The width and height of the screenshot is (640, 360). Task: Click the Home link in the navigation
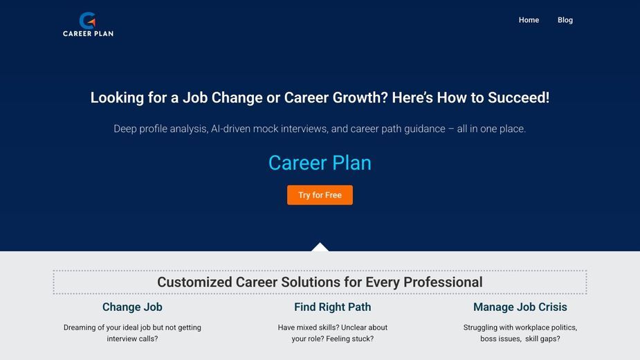point(529,20)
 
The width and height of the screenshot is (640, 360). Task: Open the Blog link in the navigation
point(565,20)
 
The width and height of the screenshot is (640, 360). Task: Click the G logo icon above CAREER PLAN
point(87,20)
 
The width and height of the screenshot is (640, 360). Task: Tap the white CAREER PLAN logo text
point(88,33)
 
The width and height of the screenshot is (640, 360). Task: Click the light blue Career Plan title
point(320,163)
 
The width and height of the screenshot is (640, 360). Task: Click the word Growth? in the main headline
point(360,98)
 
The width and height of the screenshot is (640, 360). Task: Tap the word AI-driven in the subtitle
point(230,129)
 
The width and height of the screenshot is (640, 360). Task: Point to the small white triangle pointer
point(320,247)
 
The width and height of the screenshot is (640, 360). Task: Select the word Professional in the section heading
point(443,282)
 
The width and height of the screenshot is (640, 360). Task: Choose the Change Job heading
point(132,307)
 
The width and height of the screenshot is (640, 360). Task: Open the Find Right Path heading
point(333,307)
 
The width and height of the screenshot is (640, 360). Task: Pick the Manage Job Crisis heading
point(520,307)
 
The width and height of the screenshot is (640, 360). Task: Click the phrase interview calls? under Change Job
point(132,339)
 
